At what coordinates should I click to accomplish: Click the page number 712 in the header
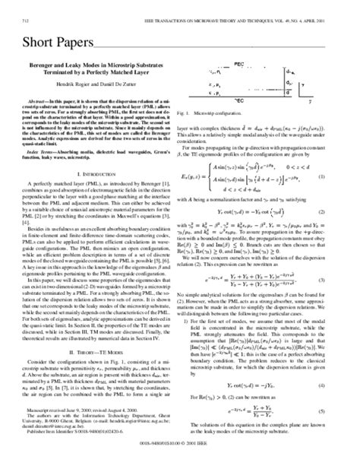coord(25,10)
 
